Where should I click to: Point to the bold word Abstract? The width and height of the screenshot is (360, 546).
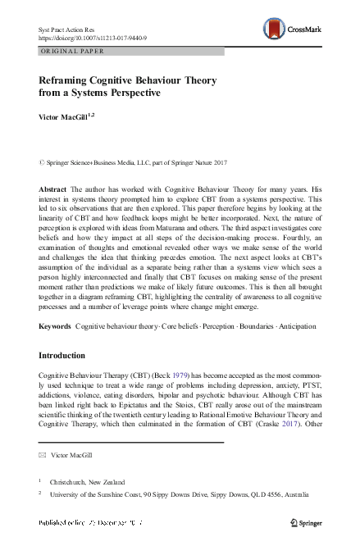(x=52, y=188)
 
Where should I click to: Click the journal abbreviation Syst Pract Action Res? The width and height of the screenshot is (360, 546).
(x=71, y=30)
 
